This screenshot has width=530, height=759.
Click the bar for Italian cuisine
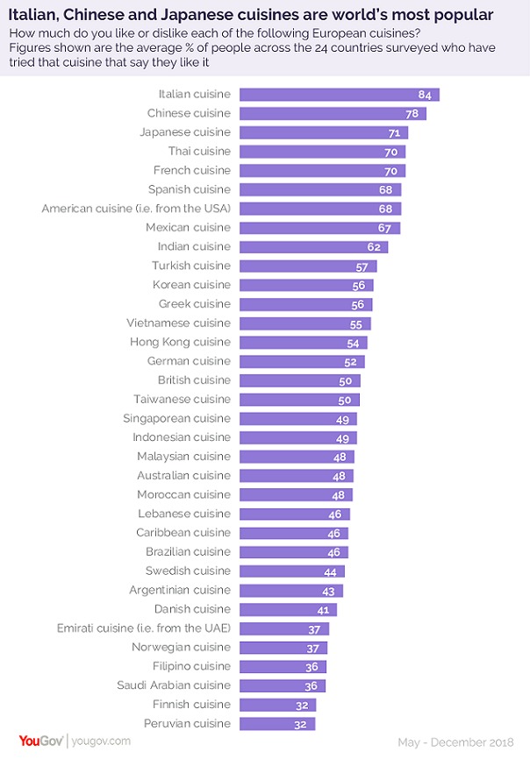[339, 95]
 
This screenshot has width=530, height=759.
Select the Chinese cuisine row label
[189, 113]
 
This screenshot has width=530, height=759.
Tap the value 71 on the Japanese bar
[393, 132]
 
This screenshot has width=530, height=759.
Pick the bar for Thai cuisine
[322, 152]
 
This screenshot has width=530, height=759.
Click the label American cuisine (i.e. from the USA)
[136, 209]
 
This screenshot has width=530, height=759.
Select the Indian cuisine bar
[313, 247]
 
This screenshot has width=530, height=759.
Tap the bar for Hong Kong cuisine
[304, 343]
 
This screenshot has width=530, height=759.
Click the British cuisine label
[194, 380]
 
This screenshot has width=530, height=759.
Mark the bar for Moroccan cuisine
[296, 495]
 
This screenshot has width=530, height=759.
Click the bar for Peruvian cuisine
[277, 724]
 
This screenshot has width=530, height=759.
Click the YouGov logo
[35, 741]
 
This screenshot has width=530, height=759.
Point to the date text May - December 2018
[455, 741]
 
